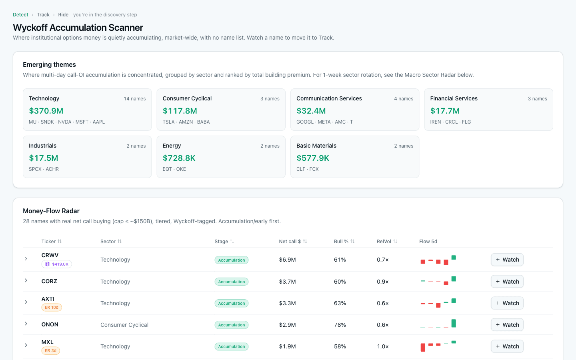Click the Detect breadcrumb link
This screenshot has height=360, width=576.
pyautogui.click(x=20, y=15)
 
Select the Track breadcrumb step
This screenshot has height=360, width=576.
pyautogui.click(x=43, y=15)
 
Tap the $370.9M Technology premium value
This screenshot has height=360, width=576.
pyautogui.click(x=46, y=111)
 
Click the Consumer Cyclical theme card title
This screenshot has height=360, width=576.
pyautogui.click(x=187, y=98)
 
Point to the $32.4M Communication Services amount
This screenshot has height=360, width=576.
pyautogui.click(x=311, y=111)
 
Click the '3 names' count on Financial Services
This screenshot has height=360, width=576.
pyautogui.click(x=538, y=99)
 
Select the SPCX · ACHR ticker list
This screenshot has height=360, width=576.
pyautogui.click(x=44, y=169)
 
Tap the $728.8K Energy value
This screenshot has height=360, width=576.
pyautogui.click(x=179, y=158)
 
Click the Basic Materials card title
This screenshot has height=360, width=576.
pyautogui.click(x=316, y=146)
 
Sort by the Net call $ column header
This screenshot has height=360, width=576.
pyautogui.click(x=290, y=242)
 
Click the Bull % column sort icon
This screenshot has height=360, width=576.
pyautogui.click(x=352, y=241)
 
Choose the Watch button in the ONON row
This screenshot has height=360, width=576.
pyautogui.click(x=507, y=325)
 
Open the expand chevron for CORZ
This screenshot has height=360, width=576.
pyautogui.click(x=26, y=280)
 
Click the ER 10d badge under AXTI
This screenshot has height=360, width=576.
pyautogui.click(x=52, y=308)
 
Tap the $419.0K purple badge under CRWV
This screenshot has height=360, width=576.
pyautogui.click(x=56, y=264)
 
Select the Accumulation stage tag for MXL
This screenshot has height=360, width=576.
pyautogui.click(x=232, y=347)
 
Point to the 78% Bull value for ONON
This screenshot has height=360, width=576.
pyautogui.click(x=340, y=325)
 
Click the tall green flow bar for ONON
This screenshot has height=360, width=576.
pyautogui.click(x=454, y=323)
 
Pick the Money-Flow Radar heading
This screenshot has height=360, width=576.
pyautogui.click(x=51, y=211)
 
